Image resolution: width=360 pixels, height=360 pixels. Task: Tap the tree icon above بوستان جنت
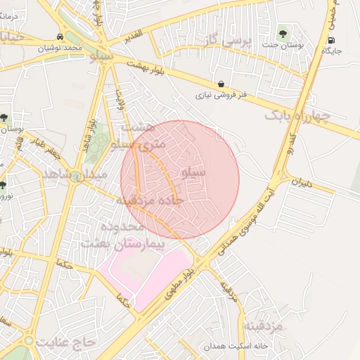coord(283,31)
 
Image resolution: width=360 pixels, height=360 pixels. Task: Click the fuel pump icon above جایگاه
coord(331,40)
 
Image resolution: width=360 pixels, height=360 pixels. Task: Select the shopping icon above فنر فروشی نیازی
coord(221,84)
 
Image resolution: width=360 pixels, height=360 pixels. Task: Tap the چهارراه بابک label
coord(298,115)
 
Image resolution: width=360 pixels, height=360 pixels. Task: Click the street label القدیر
coord(131,34)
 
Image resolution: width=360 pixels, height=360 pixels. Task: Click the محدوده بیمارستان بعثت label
coord(112,235)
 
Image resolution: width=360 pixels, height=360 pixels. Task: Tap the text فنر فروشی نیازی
coord(221,94)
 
